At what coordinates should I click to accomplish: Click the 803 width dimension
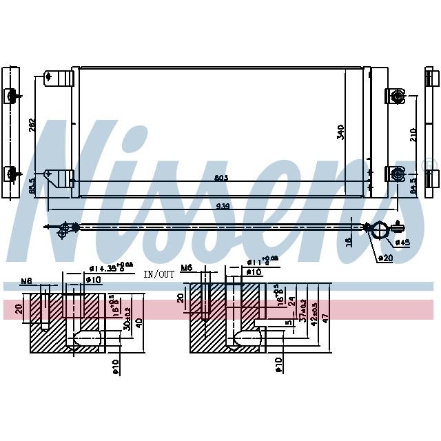point(220,178)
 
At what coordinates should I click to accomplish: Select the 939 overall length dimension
point(222,205)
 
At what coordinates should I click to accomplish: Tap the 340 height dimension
point(340,132)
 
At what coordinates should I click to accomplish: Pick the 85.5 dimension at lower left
point(31,186)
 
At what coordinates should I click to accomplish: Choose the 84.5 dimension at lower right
point(413,186)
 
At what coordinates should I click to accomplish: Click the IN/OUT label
point(159,274)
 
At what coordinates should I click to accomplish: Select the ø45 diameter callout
point(402,243)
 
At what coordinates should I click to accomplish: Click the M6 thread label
point(187,267)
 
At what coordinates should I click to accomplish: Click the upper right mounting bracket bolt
point(397,96)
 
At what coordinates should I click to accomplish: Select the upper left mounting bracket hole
point(48,76)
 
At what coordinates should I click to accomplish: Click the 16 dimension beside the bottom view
point(349,240)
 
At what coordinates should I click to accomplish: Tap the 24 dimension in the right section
point(291,301)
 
